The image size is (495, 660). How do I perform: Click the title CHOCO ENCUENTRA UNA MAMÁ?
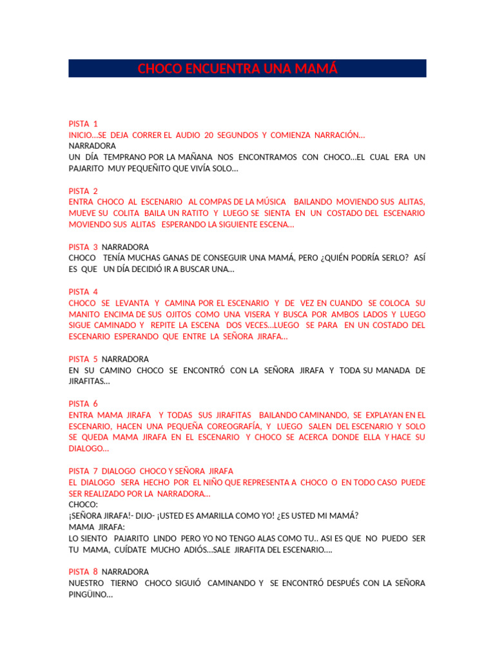pos(237,69)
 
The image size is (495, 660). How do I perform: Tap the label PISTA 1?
pos(83,124)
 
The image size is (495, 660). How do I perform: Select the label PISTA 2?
pos(83,191)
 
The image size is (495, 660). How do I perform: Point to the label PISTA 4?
pos(83,292)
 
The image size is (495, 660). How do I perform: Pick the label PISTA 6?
pos(83,404)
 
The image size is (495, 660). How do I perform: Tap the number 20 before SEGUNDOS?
pos(209,135)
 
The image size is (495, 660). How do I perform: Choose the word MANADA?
pos(394,370)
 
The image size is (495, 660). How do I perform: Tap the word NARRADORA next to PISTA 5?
pos(126,359)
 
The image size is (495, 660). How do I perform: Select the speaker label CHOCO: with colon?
pos(83,505)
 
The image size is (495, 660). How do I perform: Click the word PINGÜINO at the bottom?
pos(90,594)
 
